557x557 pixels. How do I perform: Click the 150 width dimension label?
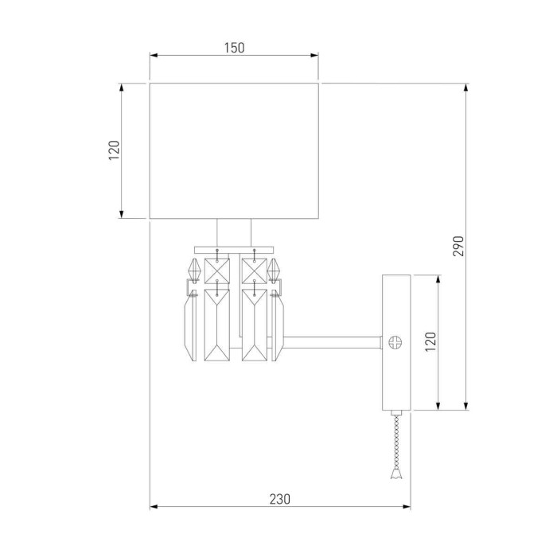click(233, 48)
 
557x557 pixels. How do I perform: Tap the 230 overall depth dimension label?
click(279, 499)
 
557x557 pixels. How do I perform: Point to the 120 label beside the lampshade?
click(114, 150)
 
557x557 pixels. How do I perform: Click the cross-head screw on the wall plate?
click(395, 342)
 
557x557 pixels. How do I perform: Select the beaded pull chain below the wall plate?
click(395, 442)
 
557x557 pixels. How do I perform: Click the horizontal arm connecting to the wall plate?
click(334, 343)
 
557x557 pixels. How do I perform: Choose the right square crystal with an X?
click(253, 268)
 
